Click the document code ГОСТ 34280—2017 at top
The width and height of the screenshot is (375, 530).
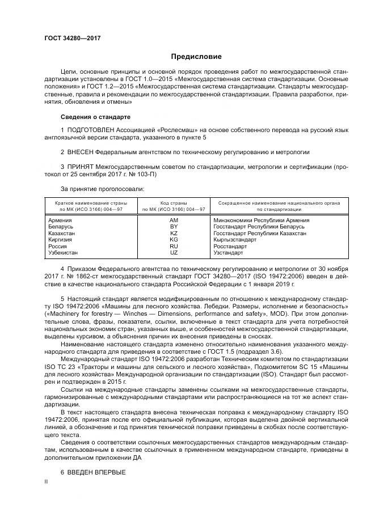click(x=69, y=39)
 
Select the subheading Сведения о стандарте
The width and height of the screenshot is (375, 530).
click(x=95, y=117)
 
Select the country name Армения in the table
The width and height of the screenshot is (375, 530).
click(x=60, y=219)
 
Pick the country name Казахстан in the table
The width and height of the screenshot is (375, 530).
click(x=62, y=233)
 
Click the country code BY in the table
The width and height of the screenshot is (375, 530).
click(x=174, y=226)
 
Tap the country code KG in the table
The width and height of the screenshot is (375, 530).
click(x=174, y=240)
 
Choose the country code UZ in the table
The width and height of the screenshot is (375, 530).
click(x=174, y=253)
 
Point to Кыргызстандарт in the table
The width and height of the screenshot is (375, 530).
click(x=234, y=240)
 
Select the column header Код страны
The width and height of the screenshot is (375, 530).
click(x=174, y=202)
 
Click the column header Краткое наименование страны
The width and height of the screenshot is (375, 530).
click(x=91, y=202)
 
